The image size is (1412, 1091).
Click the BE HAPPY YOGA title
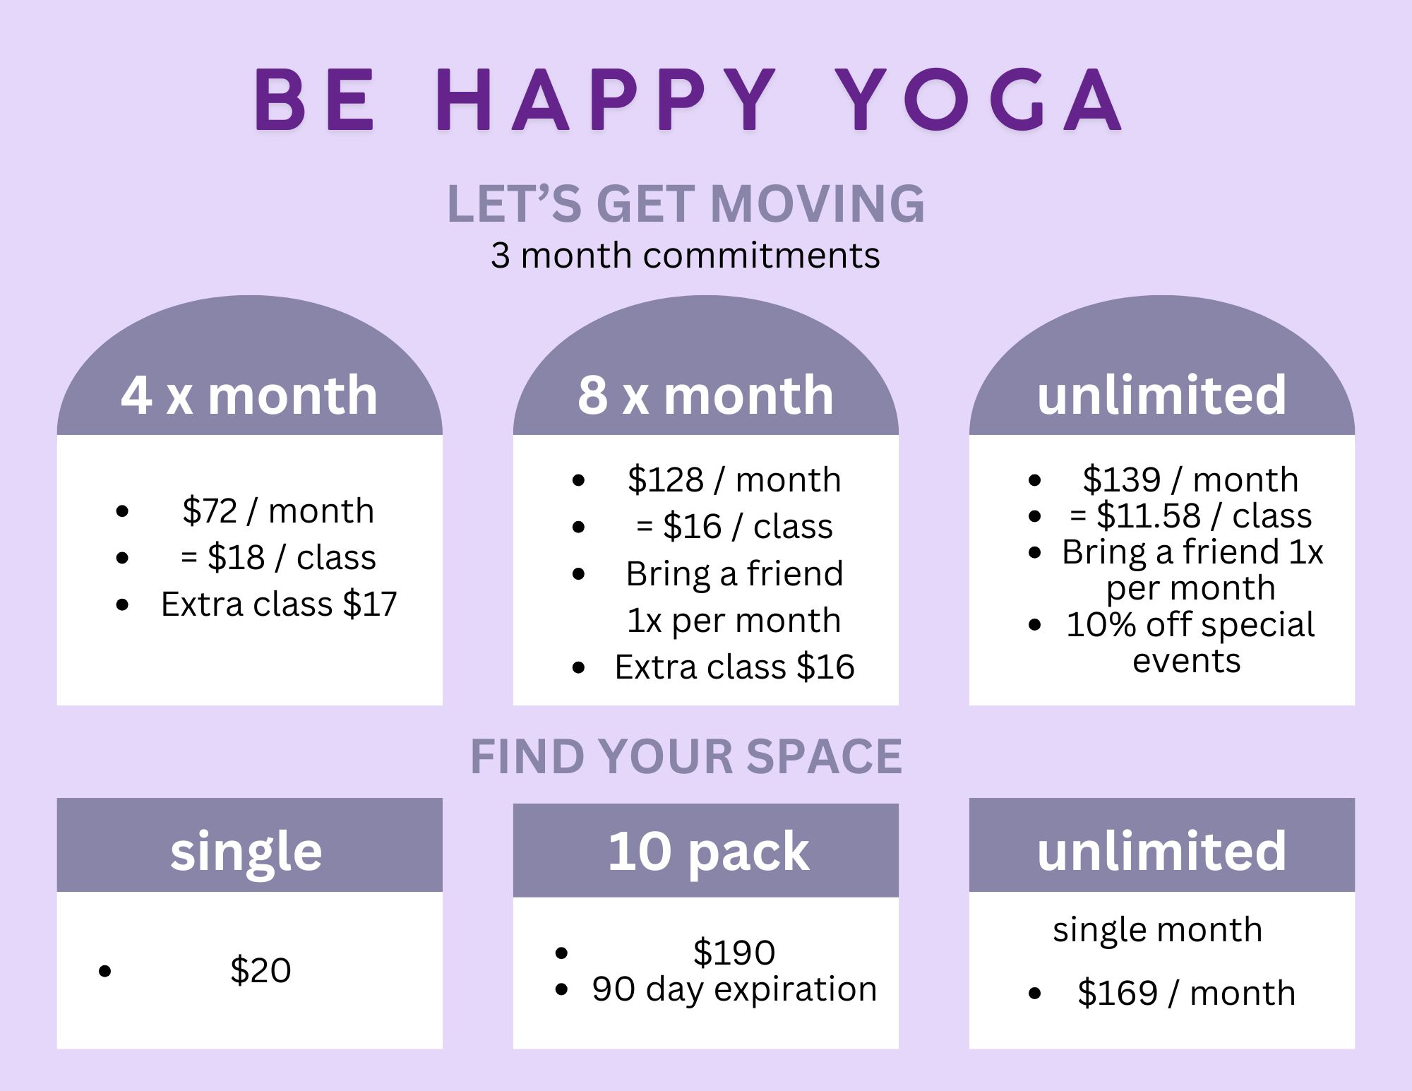click(x=688, y=100)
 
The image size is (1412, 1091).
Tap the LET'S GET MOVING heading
click(x=686, y=203)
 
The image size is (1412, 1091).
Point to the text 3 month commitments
click(x=685, y=255)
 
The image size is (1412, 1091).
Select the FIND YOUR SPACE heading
click(x=686, y=756)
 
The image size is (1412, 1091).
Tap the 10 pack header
click(x=708, y=851)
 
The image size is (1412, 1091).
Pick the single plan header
click(x=246, y=852)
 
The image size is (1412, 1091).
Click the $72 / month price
click(x=278, y=511)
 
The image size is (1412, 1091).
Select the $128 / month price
click(x=734, y=479)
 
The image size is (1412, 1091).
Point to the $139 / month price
click(x=1190, y=479)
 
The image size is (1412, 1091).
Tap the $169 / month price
click(x=1186, y=993)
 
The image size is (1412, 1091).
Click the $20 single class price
click(x=261, y=970)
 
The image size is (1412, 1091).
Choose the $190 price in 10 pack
click(x=734, y=952)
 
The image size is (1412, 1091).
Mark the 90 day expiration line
click(x=734, y=989)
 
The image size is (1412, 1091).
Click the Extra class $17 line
click(x=279, y=604)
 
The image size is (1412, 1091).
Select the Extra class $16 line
click(x=734, y=667)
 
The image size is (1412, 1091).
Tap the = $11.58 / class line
click(x=1190, y=515)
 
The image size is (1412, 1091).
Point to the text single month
click(x=1158, y=930)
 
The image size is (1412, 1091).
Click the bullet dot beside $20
click(x=105, y=972)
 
